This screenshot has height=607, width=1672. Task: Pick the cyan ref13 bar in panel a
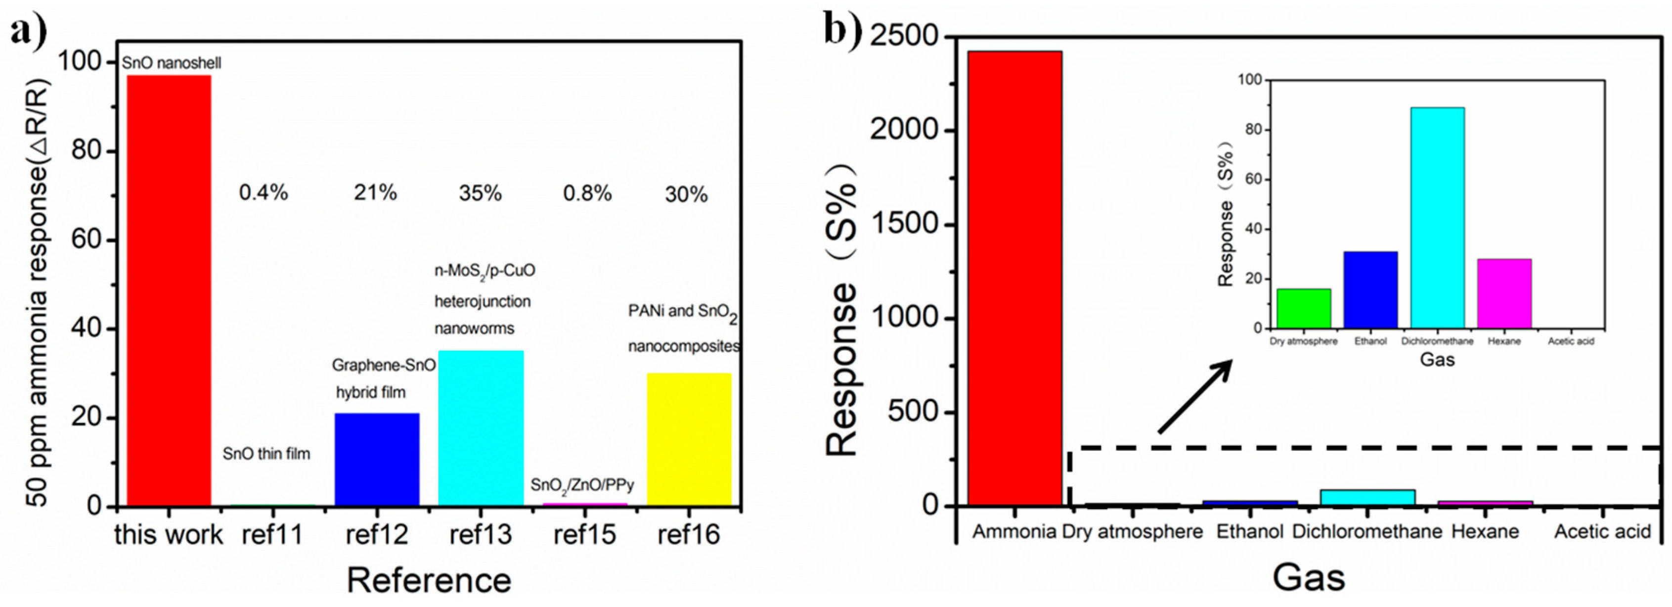tap(481, 428)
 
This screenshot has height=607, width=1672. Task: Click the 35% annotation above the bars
tap(481, 193)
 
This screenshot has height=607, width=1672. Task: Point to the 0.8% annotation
tap(587, 193)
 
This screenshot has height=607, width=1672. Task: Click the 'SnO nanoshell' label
tap(172, 63)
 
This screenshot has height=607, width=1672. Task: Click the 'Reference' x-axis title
tap(429, 580)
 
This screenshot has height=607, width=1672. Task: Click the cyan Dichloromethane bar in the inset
tap(1437, 218)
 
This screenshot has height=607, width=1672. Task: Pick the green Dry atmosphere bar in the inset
tap(1303, 308)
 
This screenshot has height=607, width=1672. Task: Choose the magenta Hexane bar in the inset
tap(1504, 293)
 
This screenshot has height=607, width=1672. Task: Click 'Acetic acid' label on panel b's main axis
tap(1602, 532)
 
